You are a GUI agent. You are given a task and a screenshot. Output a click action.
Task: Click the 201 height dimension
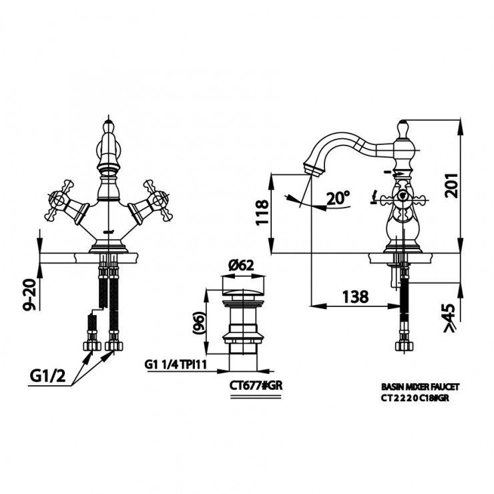coord(451,186)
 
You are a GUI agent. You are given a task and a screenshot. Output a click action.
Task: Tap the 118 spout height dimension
coord(262,212)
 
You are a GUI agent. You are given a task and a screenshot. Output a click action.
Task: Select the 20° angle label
coord(338,198)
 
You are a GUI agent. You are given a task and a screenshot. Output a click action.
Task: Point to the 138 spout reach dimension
coord(355,296)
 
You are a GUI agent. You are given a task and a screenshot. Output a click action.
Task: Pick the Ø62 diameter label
coord(241,265)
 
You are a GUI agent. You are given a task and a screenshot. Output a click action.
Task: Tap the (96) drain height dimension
coord(199,322)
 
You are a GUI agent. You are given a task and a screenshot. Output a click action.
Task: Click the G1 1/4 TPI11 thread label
coord(176,364)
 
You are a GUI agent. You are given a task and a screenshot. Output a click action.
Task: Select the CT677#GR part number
coord(256,386)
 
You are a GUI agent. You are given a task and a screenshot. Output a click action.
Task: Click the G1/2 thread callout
coord(47,376)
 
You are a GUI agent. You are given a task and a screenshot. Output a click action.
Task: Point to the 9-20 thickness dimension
coord(30,295)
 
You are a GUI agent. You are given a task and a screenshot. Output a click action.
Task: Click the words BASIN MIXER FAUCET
coord(421,387)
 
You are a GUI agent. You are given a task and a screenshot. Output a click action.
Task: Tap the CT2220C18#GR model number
coord(415,398)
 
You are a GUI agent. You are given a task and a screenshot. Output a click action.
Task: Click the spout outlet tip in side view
coord(313,169)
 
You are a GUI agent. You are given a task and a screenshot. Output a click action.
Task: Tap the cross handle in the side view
coord(402,198)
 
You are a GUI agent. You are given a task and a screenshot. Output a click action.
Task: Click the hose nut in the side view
coord(404,346)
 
